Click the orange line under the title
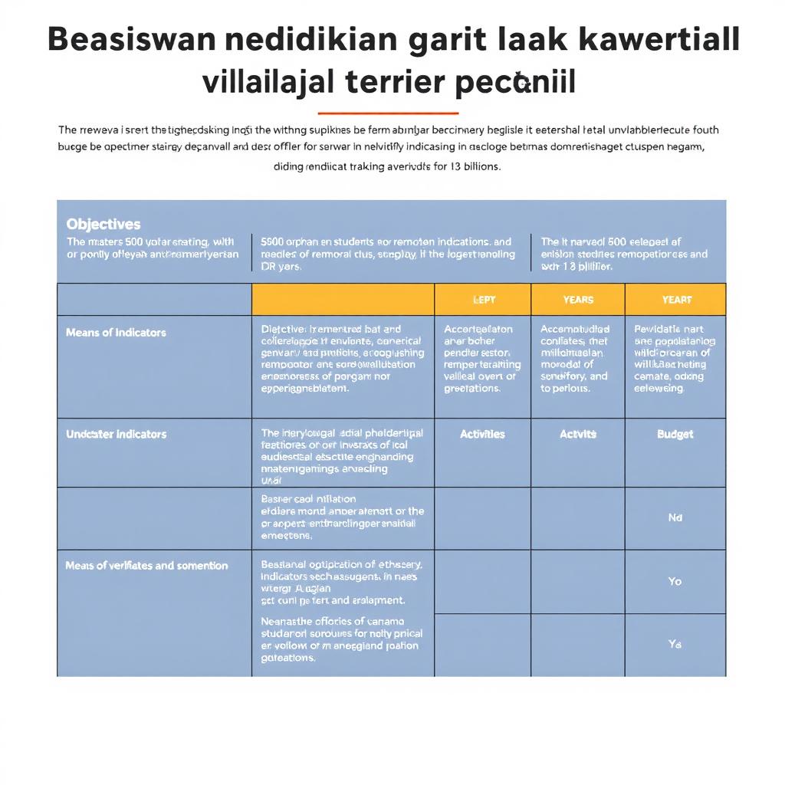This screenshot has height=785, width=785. point(387,113)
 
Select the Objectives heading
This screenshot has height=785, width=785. point(103,224)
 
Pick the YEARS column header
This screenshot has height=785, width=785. point(577,300)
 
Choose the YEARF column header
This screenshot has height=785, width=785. point(675,300)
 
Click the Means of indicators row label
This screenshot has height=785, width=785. point(116,333)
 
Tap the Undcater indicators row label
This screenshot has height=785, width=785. point(116,434)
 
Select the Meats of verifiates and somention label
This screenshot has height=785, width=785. point(146,566)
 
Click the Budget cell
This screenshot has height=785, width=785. point(675,434)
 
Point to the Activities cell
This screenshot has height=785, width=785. point(482,434)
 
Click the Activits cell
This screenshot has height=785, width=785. point(577,434)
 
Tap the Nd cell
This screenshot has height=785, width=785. point(675,517)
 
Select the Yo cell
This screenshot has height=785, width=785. point(675,581)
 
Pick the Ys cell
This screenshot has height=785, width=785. point(675,645)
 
